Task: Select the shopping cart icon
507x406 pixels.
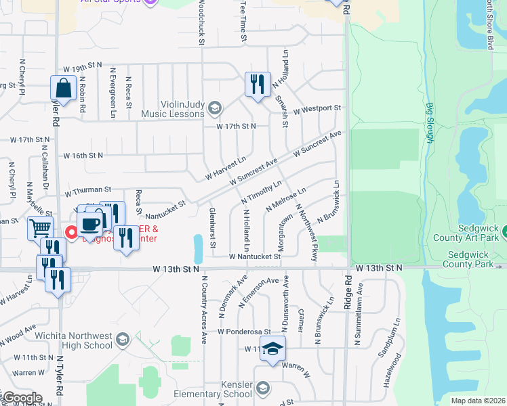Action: click(41, 228)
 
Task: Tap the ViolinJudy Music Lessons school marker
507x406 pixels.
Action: click(215, 108)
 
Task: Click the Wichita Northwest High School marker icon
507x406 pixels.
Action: click(123, 338)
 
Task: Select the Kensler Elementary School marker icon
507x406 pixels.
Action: click(262, 388)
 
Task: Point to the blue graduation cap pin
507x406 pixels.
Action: click(272, 348)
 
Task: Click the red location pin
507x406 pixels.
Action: click(70, 232)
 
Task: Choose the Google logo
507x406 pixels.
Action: click(22, 399)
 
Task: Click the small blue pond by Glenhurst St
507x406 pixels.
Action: click(197, 248)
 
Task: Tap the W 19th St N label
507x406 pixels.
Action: click(83, 68)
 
